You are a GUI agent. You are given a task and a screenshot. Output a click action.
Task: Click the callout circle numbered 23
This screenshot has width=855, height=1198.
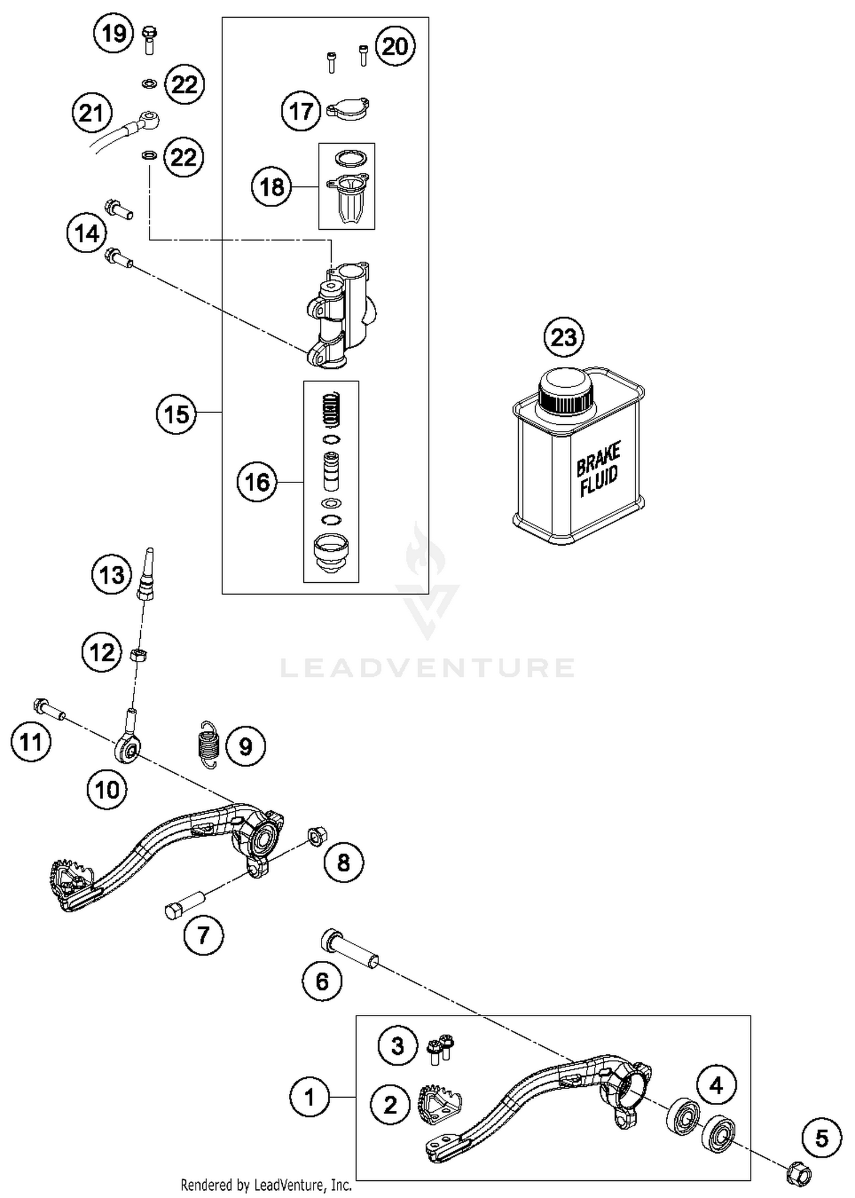pos(564,338)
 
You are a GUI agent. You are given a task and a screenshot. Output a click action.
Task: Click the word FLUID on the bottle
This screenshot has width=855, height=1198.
pos(598,480)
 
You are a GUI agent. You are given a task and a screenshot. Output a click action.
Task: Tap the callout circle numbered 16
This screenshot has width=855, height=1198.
pos(257,482)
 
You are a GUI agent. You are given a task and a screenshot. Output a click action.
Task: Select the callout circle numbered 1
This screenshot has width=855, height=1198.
pos(310,1097)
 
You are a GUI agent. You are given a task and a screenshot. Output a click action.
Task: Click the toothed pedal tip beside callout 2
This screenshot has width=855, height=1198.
pos(440,1104)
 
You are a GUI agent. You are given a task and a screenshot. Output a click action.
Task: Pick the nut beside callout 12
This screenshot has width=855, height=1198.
pos(137,655)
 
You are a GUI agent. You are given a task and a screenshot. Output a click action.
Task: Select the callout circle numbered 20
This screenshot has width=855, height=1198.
pos(395,46)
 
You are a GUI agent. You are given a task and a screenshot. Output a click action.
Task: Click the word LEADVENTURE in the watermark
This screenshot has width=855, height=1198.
pos(427,667)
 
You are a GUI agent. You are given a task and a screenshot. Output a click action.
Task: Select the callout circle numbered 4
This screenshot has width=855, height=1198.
pos(716,1085)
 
